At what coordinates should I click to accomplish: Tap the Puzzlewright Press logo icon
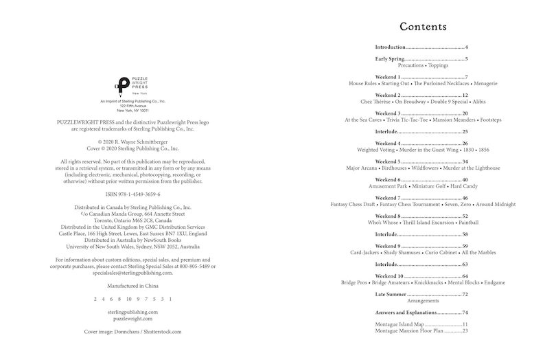coord(121,85)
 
